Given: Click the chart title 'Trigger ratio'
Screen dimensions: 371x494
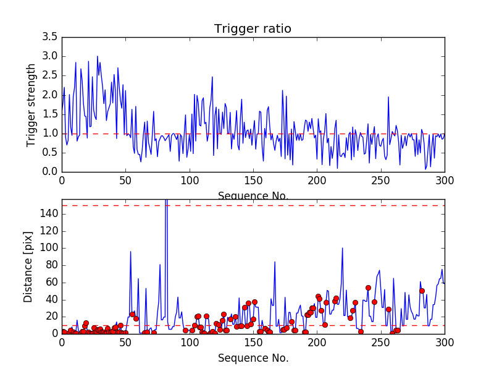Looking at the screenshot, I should [253, 29].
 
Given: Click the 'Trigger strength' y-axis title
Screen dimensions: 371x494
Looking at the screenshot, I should [31, 104].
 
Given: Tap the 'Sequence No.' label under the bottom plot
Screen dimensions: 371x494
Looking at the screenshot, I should [253, 358].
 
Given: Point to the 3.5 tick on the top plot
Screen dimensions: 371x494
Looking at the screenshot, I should [51, 37].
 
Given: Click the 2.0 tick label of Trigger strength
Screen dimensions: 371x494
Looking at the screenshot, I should [51, 95].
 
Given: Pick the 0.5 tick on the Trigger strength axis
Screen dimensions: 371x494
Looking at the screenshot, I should [51, 153].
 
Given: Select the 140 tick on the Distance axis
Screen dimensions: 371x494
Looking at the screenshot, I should [49, 214].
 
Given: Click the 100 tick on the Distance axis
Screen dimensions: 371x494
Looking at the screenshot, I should [49, 248].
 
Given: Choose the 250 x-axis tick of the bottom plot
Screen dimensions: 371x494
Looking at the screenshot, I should [380, 341].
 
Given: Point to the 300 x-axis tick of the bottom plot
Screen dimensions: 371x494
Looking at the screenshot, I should [444, 341].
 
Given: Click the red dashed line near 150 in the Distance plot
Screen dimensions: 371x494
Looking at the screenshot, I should [247, 205].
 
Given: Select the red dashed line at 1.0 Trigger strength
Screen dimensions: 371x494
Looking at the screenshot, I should [247, 134].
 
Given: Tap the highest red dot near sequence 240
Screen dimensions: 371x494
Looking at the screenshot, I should [368, 288].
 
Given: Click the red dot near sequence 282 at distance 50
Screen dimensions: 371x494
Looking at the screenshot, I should [422, 291].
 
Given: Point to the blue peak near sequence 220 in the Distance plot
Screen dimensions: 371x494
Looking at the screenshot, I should [343, 248].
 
